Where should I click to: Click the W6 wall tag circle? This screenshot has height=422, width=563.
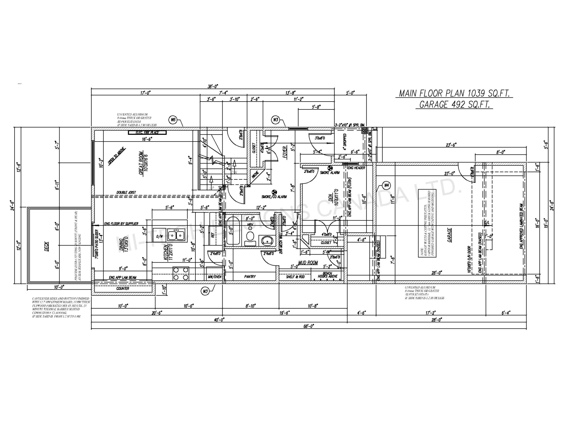pos(173,120)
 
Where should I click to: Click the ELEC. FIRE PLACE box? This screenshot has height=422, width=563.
pos(147,133)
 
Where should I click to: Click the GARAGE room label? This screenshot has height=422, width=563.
pos(450,235)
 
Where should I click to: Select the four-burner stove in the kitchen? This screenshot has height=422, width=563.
pos(181,274)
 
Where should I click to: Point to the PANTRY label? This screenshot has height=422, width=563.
pos(250,276)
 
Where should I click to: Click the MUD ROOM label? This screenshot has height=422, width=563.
pos(308,263)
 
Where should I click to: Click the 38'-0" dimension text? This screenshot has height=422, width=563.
pos(213,86)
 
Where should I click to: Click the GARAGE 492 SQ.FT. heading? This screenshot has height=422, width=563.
pos(454,104)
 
